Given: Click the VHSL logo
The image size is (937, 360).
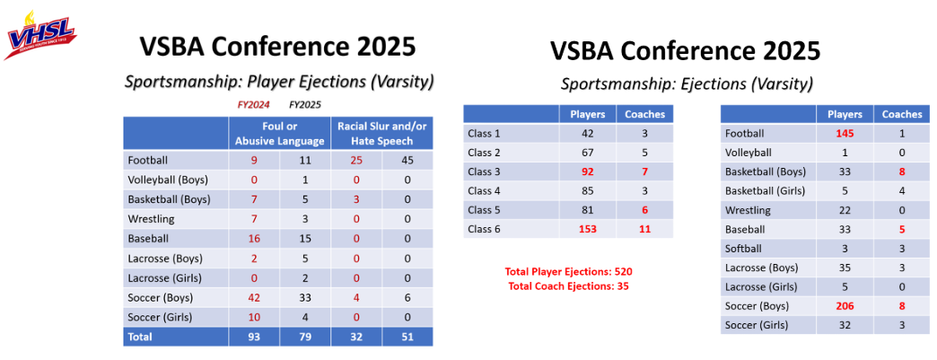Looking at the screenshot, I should pos(40,37).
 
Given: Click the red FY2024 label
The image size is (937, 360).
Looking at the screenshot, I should pos(253,104).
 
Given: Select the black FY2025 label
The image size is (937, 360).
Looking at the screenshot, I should pos(305,104).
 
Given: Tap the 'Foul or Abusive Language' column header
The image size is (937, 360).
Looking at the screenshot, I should pos(279,133).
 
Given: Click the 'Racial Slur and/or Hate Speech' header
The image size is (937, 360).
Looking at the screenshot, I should pos(381,133).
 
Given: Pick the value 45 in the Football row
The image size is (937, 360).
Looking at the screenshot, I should pos(407,161).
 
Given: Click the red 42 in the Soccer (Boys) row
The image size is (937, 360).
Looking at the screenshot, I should pos(254,296).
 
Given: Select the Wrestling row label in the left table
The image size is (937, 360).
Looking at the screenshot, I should pos(151,219).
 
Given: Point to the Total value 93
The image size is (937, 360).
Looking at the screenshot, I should pos(254,337).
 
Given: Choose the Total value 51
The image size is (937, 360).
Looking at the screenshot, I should pos(407,337).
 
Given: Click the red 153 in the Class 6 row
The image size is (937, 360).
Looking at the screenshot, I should pos(588,229).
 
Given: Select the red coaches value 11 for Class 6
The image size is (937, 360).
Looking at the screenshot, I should pos(644,229).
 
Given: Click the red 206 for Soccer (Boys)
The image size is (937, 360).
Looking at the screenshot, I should pos(845,306).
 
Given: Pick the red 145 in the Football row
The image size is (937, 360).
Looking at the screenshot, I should pos(845,134).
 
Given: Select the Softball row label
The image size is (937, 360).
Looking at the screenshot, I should pos(743,249).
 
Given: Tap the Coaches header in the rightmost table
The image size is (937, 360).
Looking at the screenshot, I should pos(901,114).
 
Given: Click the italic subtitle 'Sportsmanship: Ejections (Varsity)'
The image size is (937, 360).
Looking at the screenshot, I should pos(687,84).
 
